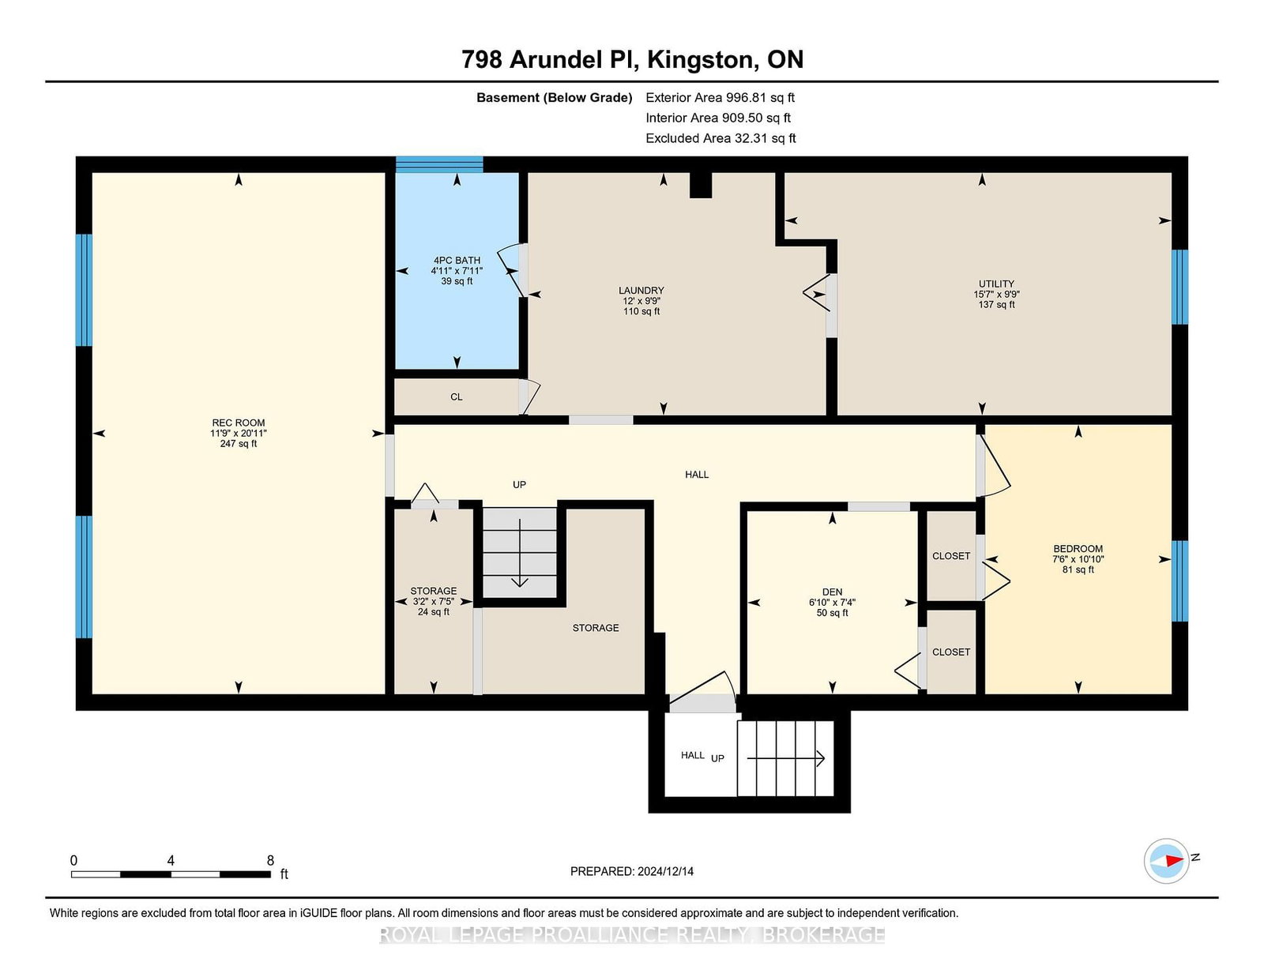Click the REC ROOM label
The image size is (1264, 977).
tap(238, 423)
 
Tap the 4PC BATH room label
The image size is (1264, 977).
tap(457, 260)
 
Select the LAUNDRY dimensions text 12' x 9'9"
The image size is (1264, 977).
tap(641, 301)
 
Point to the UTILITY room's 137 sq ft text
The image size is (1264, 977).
tap(996, 304)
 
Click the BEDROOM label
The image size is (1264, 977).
tap(1078, 548)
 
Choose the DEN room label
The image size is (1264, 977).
tap(832, 592)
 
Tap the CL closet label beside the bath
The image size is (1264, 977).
tap(456, 396)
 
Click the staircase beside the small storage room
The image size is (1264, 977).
tap(520, 552)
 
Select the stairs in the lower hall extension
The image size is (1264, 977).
tap(785, 758)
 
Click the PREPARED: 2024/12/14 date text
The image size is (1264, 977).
tap(632, 871)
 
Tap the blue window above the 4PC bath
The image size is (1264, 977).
tap(439, 164)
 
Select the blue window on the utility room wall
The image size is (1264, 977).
tap(1179, 287)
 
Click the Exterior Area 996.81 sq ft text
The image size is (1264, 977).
tap(720, 98)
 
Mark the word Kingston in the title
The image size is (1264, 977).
tap(702, 60)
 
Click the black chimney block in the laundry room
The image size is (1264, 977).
tap(701, 185)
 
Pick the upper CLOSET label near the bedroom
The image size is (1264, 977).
tap(951, 556)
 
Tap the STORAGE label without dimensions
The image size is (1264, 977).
tap(595, 627)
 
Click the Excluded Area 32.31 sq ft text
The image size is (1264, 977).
tap(720, 138)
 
